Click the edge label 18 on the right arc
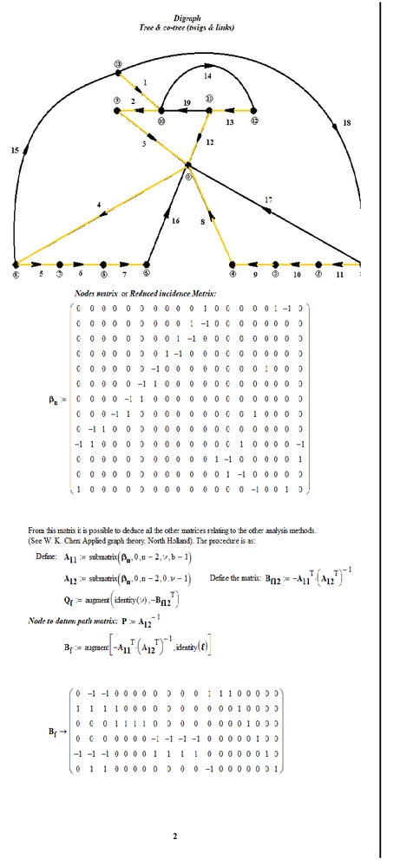[x=347, y=124]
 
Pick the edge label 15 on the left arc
[x=15, y=151]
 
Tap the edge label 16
[x=176, y=221]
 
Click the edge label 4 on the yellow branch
[x=100, y=205]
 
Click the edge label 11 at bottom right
[x=339, y=275]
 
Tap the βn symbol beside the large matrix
[x=54, y=400]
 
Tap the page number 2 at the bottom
[x=174, y=837]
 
